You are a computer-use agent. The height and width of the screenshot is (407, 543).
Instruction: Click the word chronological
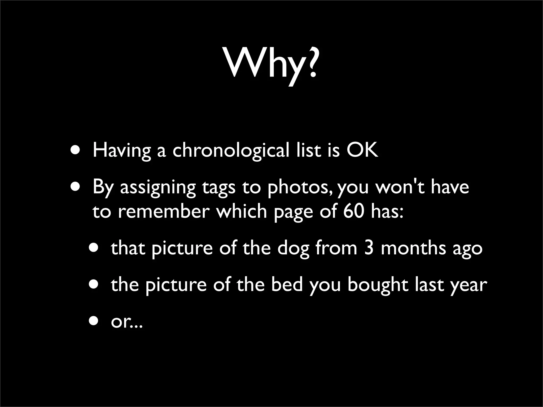[231, 150]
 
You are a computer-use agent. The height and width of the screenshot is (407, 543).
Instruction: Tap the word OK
[362, 150]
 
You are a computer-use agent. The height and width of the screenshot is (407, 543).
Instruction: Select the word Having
[121, 151]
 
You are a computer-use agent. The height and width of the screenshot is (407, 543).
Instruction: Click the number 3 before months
[369, 249]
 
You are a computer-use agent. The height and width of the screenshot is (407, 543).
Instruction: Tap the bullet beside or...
[94, 321]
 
